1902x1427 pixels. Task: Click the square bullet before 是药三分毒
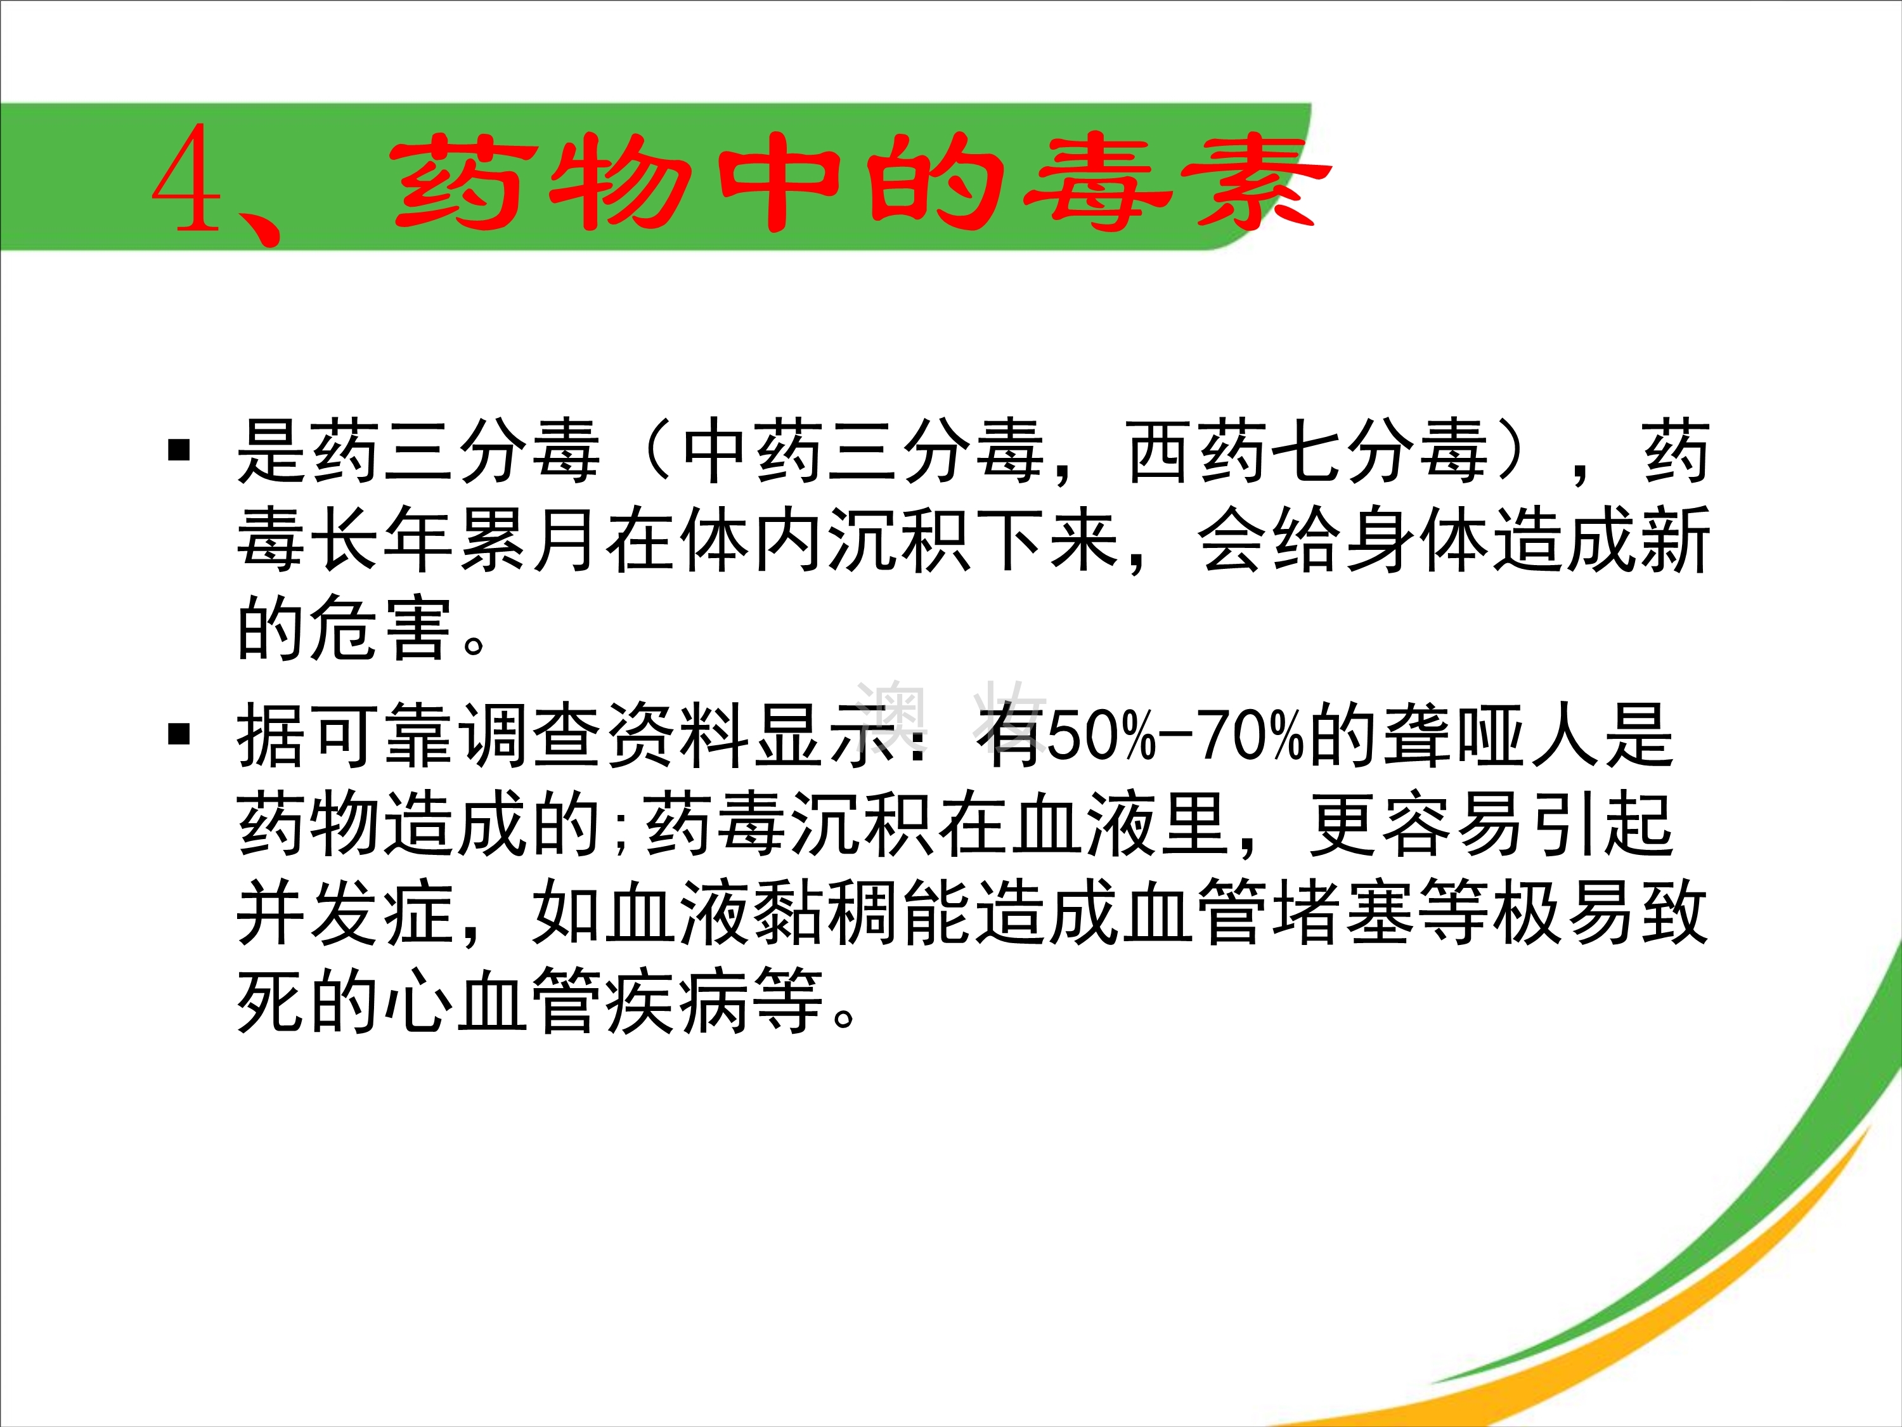[x=179, y=449]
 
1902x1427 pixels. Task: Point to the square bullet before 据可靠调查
[x=179, y=734]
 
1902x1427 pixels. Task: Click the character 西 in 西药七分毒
[x=1161, y=451]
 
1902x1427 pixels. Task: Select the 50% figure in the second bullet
[x=1101, y=736]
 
